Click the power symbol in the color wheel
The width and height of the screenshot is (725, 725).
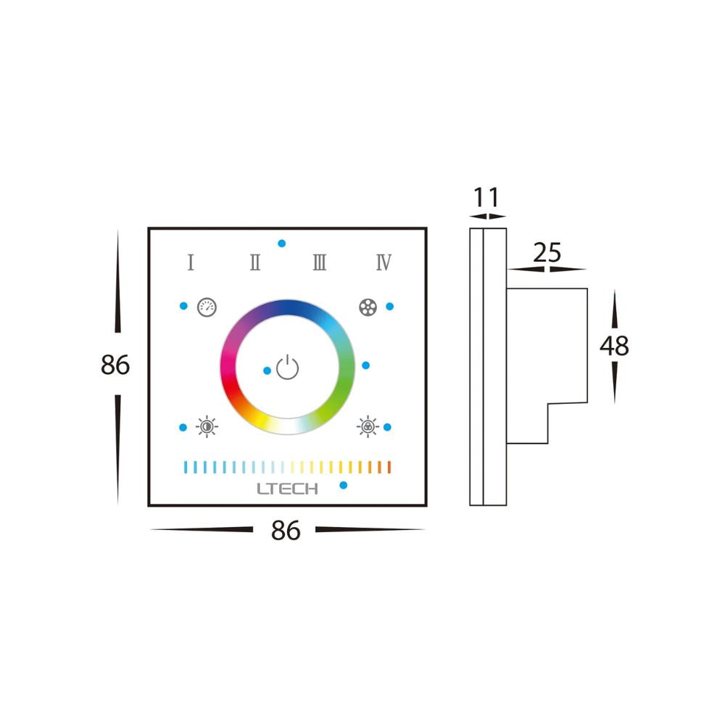pos(288,368)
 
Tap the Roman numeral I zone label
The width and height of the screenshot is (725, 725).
pos(191,262)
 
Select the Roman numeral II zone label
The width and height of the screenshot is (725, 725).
pos(255,262)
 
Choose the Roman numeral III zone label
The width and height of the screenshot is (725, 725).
pos(319,262)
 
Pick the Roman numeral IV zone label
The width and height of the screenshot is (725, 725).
pos(384,262)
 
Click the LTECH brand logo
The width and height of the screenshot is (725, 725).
pos(287,489)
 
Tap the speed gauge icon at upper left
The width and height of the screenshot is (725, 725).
pos(207,306)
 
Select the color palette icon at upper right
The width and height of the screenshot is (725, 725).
pos(368,307)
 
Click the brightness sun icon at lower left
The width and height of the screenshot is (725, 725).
pos(207,427)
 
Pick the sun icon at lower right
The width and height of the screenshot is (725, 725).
pos(368,427)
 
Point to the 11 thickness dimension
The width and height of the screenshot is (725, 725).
pos(486,197)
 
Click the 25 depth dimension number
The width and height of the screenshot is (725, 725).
pos(547,252)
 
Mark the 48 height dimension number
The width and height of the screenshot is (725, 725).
pos(614,346)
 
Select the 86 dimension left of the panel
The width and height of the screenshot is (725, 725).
pos(115,365)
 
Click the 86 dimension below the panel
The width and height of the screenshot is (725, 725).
pos(286,531)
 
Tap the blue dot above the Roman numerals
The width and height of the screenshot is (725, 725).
pos(281,244)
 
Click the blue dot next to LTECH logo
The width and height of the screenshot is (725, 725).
pos(344,485)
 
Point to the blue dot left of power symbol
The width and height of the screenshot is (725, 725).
pos(267,370)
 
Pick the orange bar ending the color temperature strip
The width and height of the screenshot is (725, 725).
pos(389,466)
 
